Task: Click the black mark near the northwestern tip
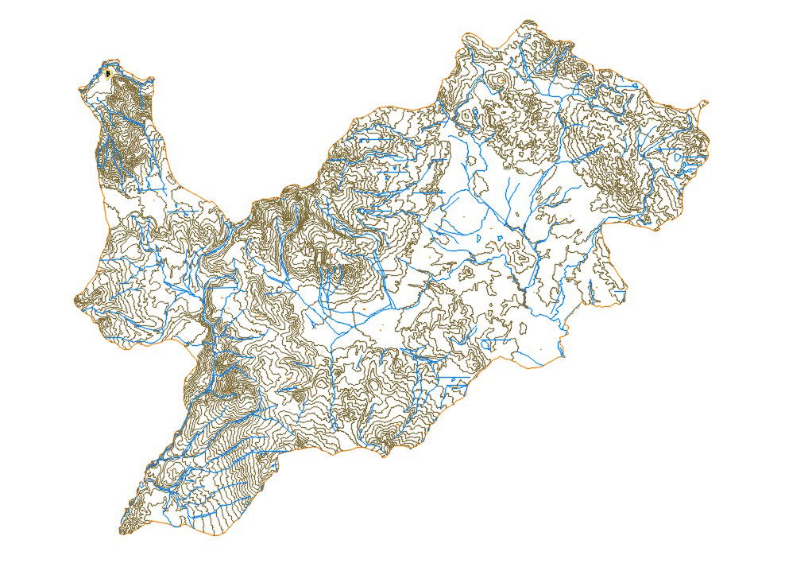click(x=107, y=74)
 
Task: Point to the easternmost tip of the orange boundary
click(x=706, y=103)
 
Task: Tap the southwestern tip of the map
click(x=122, y=531)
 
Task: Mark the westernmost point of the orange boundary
click(x=75, y=301)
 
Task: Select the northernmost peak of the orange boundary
click(x=525, y=22)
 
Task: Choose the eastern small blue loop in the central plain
click(x=496, y=237)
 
